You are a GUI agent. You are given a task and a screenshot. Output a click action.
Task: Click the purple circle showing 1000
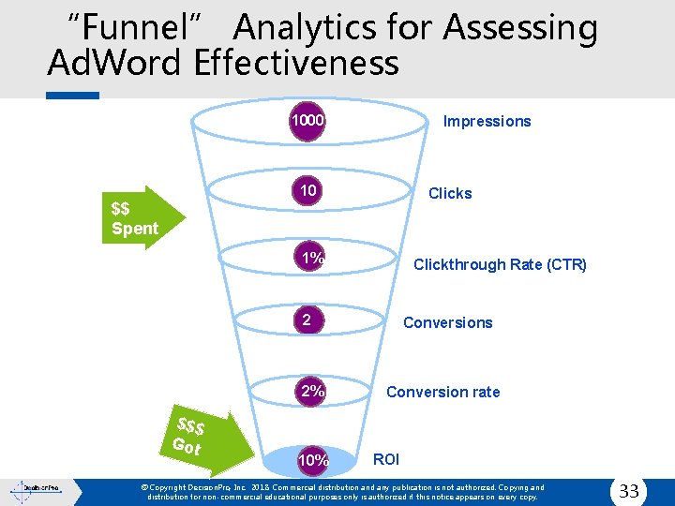(x=307, y=121)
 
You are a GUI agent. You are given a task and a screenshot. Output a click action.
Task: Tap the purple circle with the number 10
(x=307, y=192)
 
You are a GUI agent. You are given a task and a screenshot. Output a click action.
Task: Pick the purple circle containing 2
(x=307, y=320)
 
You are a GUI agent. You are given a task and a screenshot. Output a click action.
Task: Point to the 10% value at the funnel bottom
(x=313, y=460)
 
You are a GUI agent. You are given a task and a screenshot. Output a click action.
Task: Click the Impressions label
(x=487, y=121)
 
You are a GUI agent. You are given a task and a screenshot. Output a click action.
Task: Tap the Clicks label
(x=450, y=193)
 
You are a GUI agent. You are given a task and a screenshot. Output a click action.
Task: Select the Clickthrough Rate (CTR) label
(x=500, y=264)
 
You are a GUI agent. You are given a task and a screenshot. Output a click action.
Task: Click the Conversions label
(x=447, y=322)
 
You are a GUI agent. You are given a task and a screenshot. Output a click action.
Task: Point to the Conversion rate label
(x=442, y=392)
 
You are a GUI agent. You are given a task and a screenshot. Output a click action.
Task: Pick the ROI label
(x=385, y=459)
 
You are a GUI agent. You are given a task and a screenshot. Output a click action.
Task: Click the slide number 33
(x=629, y=490)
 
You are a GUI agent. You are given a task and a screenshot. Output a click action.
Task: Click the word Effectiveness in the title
(x=297, y=64)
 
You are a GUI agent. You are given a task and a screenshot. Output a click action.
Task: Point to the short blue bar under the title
(x=72, y=96)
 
